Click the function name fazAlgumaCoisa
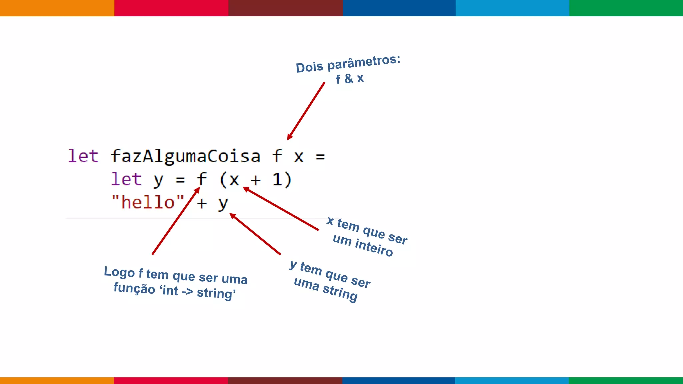pos(185,156)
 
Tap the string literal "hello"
pos(148,202)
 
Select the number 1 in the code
pos(277,180)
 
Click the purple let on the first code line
pos(83,156)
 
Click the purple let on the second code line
pos(126,179)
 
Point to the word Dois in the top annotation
pos(309,67)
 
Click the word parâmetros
pos(364,62)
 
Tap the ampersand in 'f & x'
pos(349,79)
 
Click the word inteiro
pos(374,247)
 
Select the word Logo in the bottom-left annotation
pos(119,272)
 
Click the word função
pos(134,288)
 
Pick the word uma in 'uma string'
pos(306,284)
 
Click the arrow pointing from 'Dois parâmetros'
pos(306,111)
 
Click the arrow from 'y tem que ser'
pos(255,234)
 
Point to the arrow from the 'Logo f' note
pos(176,221)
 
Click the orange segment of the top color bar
pos(57,8)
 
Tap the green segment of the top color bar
pos(626,8)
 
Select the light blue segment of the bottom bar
pos(512,380)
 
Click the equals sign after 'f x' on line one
pos(320,157)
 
